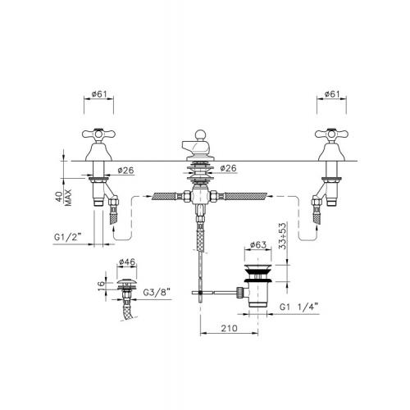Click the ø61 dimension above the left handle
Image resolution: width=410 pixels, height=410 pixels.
[99, 94]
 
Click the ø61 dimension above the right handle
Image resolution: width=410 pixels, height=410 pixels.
[332, 94]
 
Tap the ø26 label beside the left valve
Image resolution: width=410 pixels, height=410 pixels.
[126, 171]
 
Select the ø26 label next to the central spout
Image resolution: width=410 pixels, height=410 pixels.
[228, 168]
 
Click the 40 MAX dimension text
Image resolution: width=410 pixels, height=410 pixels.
[63, 198]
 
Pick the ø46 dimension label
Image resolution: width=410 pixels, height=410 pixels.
[127, 262]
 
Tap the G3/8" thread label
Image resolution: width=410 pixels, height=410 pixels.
[157, 293]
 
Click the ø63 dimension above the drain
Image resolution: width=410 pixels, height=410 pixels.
[258, 244]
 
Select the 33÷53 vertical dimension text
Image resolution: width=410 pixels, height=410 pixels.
[283, 236]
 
